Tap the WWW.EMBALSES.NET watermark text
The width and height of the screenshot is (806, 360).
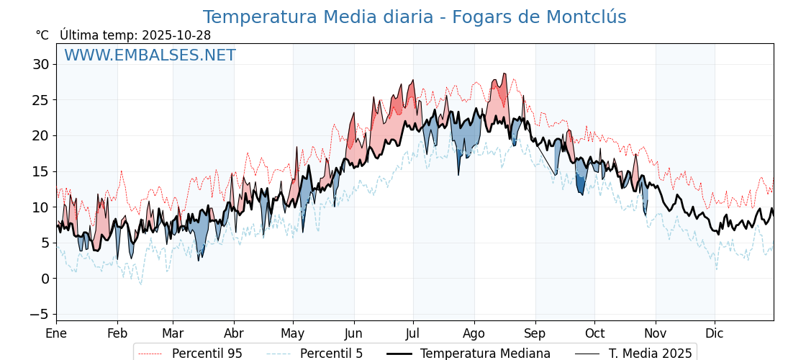pos(150,55)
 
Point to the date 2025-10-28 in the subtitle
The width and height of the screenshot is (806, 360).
pos(176,35)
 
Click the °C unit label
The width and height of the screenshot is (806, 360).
pos(42,35)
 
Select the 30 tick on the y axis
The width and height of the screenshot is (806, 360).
pos(40,64)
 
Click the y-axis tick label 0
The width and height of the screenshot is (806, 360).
pos(45,279)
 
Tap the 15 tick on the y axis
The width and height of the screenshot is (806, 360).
pos(40,171)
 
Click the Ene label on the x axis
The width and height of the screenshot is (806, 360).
pos(56,333)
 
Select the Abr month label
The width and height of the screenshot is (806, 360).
pos(234,333)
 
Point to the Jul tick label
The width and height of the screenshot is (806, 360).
pos(413,333)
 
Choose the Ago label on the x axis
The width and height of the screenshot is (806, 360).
pos(474,333)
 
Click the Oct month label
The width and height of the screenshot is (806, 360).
pos(594,333)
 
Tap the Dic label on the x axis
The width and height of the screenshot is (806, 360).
pos(715,333)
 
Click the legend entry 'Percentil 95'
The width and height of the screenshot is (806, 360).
pos(207,354)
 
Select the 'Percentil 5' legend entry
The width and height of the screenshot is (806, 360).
pos(331,354)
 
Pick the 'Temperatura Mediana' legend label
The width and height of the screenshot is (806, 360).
pos(485,354)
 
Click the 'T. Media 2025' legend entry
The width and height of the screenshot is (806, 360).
pos(650,354)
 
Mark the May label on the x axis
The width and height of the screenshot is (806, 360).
pos(293,333)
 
